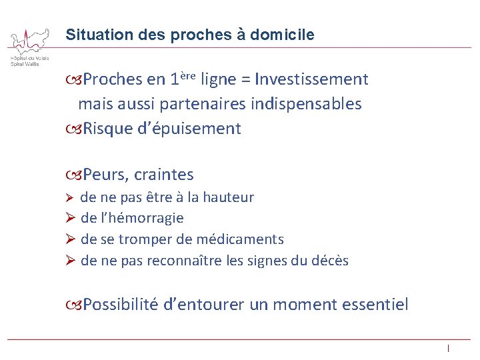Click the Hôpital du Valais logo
pyautogui.click(x=29, y=47)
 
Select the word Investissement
pyautogui.click(x=311, y=80)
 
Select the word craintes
pyautogui.click(x=164, y=175)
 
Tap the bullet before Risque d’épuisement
pyautogui.click(x=74, y=129)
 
